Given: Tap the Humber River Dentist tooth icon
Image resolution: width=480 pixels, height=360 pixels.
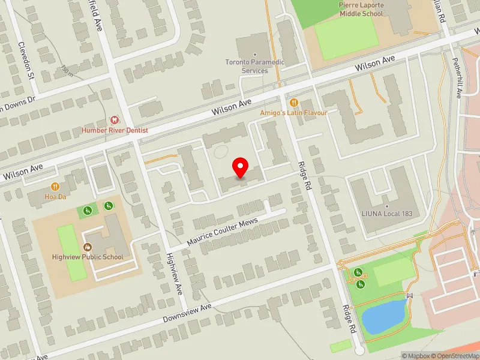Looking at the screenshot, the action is tap(115, 120).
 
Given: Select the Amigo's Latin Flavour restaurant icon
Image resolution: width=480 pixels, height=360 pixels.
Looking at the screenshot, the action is tap(294, 103).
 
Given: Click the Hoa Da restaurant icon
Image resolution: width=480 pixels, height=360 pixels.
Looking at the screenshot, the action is tap(55, 186).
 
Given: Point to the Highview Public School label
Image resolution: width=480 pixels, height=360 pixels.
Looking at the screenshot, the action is tap(88, 257).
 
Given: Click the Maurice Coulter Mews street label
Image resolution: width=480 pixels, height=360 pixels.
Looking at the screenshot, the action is tap(222, 231).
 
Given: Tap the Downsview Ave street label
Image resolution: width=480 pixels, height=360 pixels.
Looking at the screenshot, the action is tap(188, 313).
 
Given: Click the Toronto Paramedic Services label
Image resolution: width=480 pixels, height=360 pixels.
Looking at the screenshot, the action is tap(254, 66).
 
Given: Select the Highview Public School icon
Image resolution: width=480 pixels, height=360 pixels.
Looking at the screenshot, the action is tap(87, 247).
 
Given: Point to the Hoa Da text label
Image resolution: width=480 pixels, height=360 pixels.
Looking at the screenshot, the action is tap(55, 196).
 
